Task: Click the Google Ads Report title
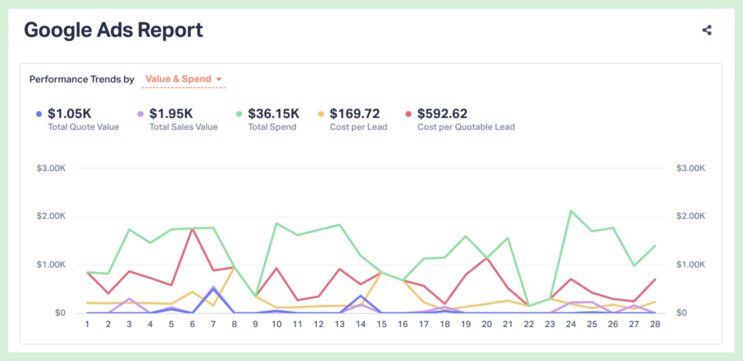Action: click(x=113, y=30)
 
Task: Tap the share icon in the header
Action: click(x=707, y=30)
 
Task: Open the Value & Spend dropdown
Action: click(x=184, y=79)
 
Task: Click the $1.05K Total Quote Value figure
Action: click(x=70, y=113)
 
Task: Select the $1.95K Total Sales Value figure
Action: click(x=171, y=113)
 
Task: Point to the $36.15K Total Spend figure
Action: click(x=274, y=113)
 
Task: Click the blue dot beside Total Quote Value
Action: click(x=38, y=114)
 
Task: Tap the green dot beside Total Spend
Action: click(x=239, y=114)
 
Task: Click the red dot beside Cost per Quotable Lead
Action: click(x=409, y=114)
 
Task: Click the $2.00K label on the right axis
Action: click(x=690, y=217)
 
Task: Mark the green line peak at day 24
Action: click(x=571, y=211)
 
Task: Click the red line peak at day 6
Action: click(x=192, y=229)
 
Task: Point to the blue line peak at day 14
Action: click(x=361, y=296)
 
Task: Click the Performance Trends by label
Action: click(x=81, y=79)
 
